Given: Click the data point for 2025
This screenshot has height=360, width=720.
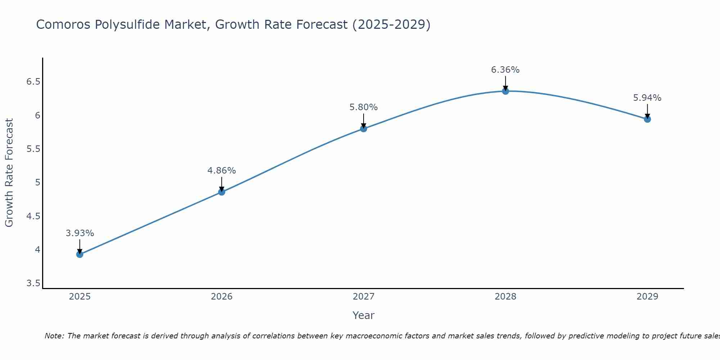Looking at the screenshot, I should coord(80,254).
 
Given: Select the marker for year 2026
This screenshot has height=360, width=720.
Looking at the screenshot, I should coord(221,192).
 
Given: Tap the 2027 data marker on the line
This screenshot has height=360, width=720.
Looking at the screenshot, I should coord(363,129).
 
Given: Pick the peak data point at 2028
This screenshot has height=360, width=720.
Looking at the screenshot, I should coord(505,91).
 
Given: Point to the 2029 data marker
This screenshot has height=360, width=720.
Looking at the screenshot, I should coord(647,119).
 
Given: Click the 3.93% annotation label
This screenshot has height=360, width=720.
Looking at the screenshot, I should coord(80,233).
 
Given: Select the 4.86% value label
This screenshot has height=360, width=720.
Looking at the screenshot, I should coord(221,171).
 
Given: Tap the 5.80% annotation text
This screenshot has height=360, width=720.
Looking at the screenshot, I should coord(363,107).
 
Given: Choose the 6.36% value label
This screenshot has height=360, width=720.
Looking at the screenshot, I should coord(505,70).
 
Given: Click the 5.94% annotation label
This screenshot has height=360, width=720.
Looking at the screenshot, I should coord(647,98).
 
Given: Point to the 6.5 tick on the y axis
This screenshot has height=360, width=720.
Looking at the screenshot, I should coord(33,82).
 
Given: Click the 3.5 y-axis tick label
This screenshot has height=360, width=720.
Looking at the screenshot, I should coord(33,283).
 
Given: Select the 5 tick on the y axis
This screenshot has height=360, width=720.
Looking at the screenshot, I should coord(37,183).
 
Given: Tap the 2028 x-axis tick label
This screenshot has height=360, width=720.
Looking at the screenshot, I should coord(505,297).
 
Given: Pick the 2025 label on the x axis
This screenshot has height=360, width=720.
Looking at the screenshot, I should coord(80,297).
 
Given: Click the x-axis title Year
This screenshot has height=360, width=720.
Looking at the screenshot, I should coord(363,315).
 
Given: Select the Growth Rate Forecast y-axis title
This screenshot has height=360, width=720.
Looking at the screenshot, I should coord(9,173).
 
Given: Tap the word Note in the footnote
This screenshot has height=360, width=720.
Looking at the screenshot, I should coord(54,336).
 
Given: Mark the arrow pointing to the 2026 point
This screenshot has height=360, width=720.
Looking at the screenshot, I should coord(221,184).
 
